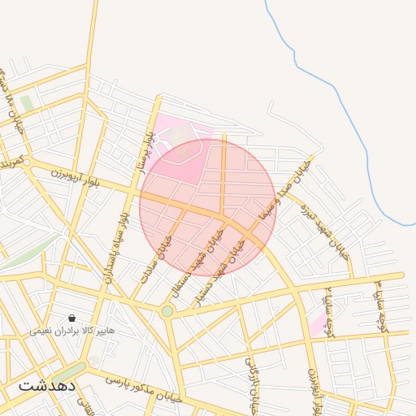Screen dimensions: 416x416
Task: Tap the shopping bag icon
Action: (72, 318)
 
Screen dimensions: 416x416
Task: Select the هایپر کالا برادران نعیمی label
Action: (72, 331)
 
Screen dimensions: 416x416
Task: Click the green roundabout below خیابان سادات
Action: (167, 310)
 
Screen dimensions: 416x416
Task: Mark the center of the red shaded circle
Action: (208, 206)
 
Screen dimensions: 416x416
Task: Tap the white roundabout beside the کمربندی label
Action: (27, 162)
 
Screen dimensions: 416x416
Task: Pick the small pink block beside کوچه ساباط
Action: (318, 327)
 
